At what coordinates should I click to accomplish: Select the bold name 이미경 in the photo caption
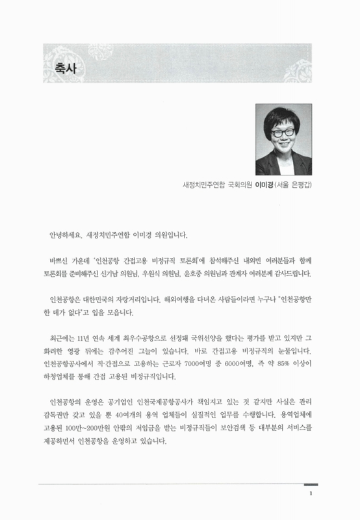click(266, 185)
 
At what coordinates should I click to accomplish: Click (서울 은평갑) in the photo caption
click(298, 185)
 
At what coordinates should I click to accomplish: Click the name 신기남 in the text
click(133, 272)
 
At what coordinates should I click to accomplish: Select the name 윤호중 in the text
click(221, 272)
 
